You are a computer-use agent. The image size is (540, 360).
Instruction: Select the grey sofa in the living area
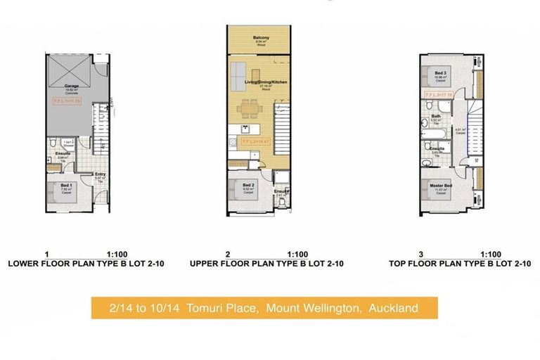pyautogui.click(x=237, y=72)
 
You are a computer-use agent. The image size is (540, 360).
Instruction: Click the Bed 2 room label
pyautogui.click(x=247, y=186)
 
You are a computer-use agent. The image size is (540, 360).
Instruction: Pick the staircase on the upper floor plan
pyautogui.click(x=280, y=134)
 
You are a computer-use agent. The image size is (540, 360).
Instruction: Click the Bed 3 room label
pyautogui.click(x=440, y=74)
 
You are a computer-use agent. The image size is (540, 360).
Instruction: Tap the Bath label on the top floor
pyautogui.click(x=436, y=117)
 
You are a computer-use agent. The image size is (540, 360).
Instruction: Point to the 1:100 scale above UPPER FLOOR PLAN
pyautogui.click(x=297, y=255)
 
